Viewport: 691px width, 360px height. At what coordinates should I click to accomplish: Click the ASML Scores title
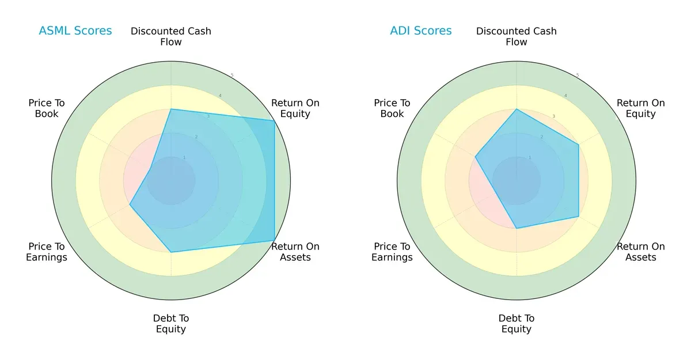point(75,31)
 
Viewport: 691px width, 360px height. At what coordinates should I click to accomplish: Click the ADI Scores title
point(421,31)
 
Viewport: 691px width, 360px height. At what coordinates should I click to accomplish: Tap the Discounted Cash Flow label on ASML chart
point(171,36)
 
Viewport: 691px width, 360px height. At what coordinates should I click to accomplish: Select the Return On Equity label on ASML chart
point(295,108)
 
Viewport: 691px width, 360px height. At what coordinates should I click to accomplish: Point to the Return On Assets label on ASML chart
point(295,252)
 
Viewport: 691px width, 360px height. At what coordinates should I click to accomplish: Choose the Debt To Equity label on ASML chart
point(171,324)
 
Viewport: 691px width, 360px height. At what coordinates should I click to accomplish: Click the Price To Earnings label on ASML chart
point(47,252)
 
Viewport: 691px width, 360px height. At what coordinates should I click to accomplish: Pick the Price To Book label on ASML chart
point(47,108)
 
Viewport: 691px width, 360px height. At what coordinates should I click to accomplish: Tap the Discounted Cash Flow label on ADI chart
point(517,36)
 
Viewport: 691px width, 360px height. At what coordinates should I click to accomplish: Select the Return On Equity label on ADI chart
point(641,108)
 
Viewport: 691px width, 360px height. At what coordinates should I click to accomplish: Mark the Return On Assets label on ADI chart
point(641,252)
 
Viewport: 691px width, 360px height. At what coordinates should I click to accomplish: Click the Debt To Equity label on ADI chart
point(517,324)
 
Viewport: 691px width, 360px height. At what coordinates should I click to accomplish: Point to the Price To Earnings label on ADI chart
point(392,252)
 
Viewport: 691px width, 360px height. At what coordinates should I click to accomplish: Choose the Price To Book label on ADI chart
point(392,108)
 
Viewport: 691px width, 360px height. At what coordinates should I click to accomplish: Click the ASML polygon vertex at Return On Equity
point(274,120)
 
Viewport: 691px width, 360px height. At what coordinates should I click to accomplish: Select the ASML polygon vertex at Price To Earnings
point(130,204)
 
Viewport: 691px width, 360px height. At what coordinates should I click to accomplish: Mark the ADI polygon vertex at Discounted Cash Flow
point(517,109)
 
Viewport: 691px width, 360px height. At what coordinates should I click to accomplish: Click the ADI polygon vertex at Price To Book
point(475,156)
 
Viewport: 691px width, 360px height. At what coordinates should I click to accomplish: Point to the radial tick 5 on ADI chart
point(577,75)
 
